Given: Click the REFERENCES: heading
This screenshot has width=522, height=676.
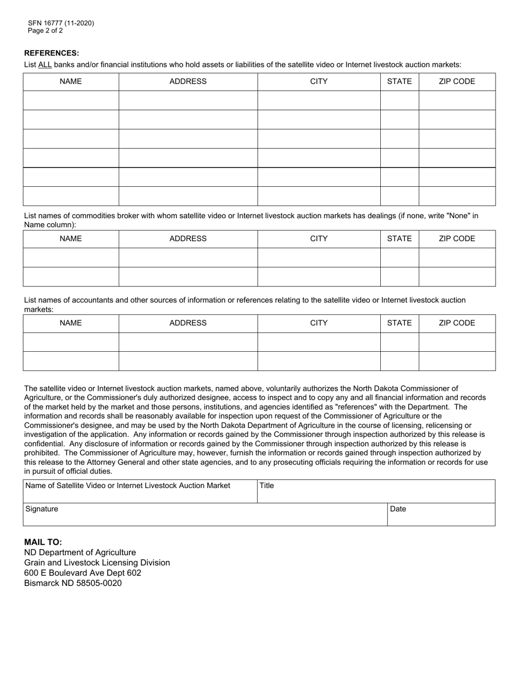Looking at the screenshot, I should pos(52,53).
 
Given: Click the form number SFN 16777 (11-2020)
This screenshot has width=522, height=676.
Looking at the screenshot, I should pos(61,23).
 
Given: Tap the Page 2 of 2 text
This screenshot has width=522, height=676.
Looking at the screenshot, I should pos(45,31).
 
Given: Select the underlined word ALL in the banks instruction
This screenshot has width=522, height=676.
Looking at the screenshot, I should pos(45,65).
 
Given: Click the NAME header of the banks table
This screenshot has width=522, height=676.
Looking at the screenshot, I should pos(70,81).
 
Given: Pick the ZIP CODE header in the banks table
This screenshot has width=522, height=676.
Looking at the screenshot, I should pos(457,81).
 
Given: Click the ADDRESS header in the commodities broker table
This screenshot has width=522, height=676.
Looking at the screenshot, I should pos(188,239).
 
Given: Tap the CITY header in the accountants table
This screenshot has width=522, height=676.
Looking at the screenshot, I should pos(319,323).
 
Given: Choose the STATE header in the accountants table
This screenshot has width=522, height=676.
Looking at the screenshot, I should pos(399,323).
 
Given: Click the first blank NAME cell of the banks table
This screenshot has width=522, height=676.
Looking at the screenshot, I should pos(70,100).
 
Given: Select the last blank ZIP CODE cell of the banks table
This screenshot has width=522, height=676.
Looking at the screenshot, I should pos(457,196).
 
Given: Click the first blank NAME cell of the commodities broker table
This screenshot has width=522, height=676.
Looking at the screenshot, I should pos(70,257).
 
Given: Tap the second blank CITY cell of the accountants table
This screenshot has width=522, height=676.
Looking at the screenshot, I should pos(319,361).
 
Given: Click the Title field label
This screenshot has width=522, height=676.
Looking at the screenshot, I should pos(267,486).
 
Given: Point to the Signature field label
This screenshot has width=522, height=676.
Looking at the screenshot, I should pos(42,509).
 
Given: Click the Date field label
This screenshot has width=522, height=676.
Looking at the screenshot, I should pos(398,509).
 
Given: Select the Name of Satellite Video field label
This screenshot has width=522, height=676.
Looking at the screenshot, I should pos(128,486).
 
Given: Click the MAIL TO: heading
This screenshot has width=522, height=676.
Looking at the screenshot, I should pos(43,542).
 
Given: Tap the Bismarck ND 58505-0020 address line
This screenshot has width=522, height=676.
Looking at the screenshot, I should pos(73,583).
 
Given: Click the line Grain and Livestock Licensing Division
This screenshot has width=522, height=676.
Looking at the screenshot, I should pos(97,563).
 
